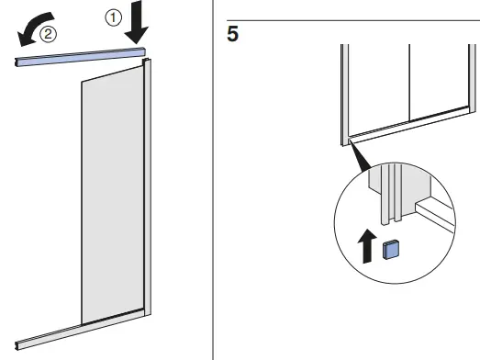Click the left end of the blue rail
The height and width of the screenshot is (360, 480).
18,62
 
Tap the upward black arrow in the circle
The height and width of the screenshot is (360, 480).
369,245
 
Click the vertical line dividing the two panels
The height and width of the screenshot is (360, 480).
407,83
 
